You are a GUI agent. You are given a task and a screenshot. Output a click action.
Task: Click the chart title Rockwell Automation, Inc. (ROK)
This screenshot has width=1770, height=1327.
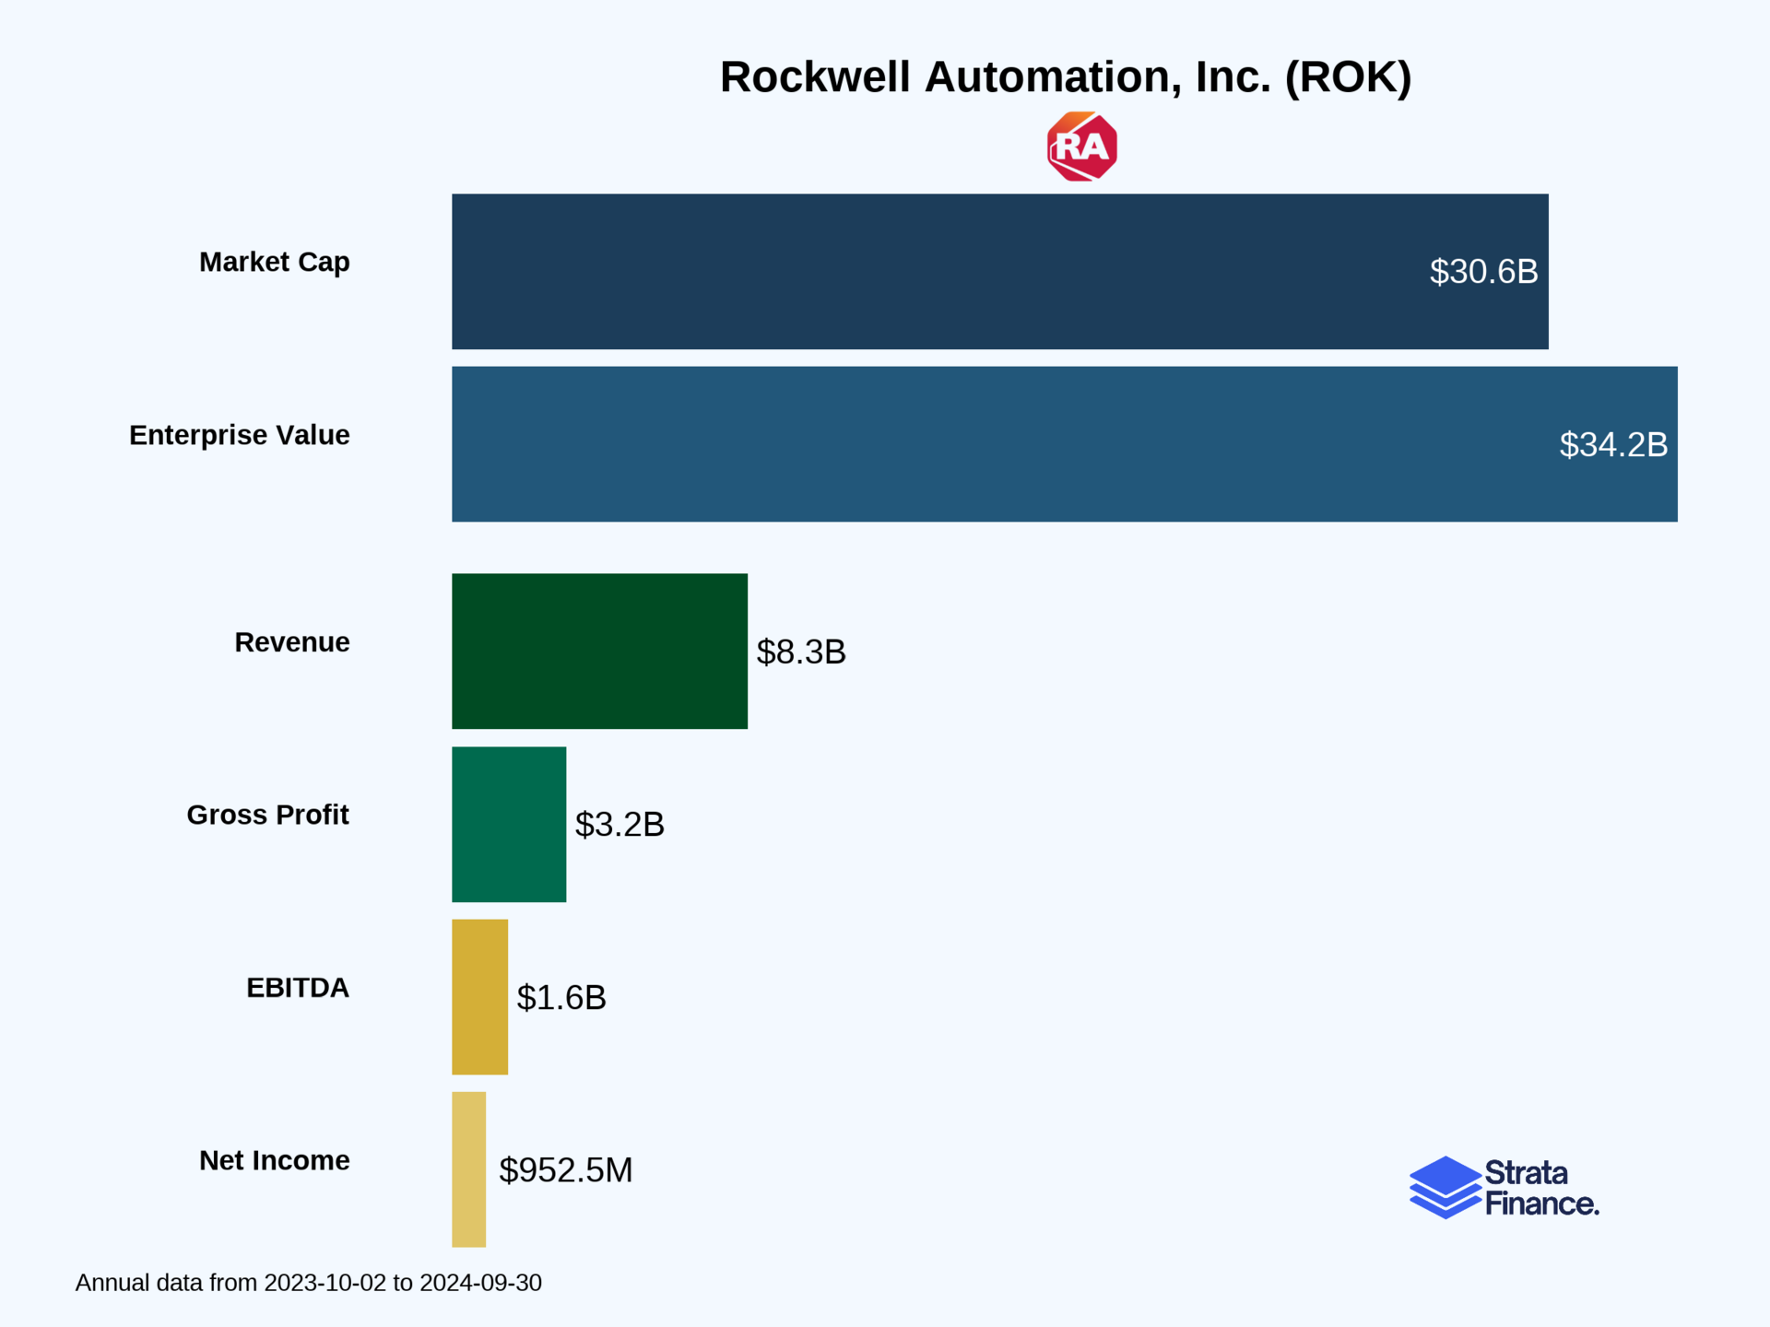click(1065, 77)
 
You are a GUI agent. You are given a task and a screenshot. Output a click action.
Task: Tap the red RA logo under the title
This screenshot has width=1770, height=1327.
click(1081, 147)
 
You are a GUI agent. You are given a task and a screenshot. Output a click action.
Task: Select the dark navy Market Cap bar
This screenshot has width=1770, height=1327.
click(922, 271)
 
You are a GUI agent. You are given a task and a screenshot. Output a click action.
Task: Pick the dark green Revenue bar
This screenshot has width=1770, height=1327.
click(599, 651)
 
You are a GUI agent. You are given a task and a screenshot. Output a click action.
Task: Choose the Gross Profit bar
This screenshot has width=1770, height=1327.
click(509, 824)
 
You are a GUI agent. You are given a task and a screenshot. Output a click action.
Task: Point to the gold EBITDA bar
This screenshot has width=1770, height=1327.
click(479, 996)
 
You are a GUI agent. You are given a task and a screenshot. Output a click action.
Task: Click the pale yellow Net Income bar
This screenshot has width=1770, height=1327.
click(468, 1169)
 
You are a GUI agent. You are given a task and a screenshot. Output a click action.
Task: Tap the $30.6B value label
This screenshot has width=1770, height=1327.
click(1483, 272)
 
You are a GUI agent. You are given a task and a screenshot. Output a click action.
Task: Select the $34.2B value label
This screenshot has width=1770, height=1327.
click(1612, 445)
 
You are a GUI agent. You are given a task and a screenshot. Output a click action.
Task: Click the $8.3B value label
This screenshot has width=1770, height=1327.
click(800, 652)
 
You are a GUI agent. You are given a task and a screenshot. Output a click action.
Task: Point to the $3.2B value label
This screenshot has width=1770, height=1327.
click(619, 825)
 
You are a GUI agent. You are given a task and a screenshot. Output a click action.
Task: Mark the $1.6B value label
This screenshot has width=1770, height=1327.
click(560, 998)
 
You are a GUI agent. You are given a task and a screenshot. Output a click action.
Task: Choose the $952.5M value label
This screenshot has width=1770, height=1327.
click(565, 1170)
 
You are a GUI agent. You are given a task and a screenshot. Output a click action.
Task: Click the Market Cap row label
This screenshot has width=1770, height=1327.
click(274, 263)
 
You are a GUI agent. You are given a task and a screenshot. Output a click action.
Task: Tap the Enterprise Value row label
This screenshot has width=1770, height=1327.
click(239, 435)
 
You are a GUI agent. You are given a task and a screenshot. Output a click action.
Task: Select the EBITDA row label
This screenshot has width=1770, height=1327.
click(297, 988)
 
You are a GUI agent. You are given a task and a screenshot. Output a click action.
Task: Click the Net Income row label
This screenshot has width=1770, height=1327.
click(274, 1160)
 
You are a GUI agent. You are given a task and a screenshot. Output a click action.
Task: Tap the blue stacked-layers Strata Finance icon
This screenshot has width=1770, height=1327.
click(1445, 1187)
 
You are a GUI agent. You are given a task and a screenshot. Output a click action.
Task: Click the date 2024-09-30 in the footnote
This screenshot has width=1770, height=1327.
click(480, 1283)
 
